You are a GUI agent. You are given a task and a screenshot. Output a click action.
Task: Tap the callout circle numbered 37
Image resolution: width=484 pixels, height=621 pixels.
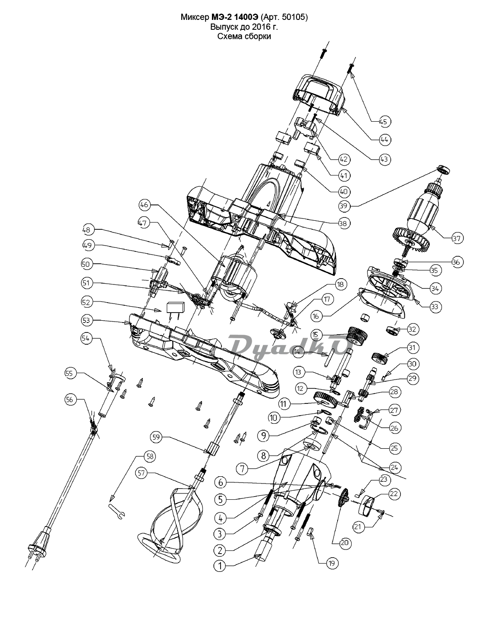[x=457, y=238]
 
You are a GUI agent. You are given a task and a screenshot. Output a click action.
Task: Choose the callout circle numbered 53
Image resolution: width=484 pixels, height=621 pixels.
[x=87, y=320]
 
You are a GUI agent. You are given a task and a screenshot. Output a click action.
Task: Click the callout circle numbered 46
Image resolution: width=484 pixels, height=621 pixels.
[x=145, y=204]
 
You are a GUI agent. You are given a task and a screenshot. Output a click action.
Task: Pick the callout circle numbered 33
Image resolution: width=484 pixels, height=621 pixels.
[x=435, y=307]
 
